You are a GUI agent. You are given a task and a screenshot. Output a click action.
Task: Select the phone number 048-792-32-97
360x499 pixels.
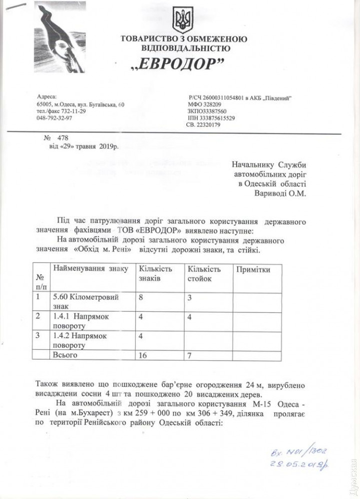pyautogui.click(x=54, y=118)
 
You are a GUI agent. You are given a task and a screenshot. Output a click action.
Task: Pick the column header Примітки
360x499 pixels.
pyautogui.click(x=254, y=270)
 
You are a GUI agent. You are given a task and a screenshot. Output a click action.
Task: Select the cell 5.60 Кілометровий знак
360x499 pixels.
pyautogui.click(x=85, y=301)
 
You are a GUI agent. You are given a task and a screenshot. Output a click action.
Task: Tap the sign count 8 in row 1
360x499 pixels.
pyautogui.click(x=141, y=297)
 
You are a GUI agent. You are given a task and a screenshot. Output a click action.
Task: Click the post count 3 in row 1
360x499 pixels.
pyautogui.click(x=189, y=297)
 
